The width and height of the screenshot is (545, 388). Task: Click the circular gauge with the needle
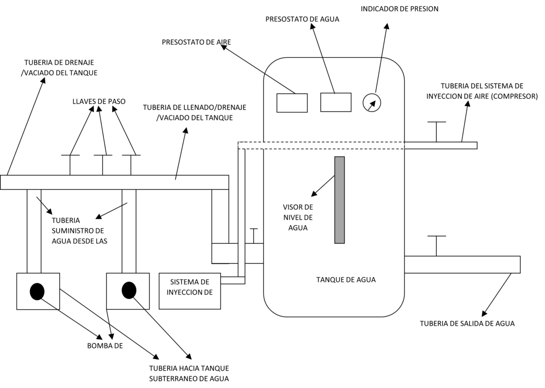tap(372, 102)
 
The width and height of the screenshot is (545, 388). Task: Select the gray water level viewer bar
tap(340, 200)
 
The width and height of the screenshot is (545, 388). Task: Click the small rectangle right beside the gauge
tap(336, 102)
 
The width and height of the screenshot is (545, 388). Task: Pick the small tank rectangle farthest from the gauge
tap(292, 103)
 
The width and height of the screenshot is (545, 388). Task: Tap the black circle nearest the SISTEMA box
tap(129, 291)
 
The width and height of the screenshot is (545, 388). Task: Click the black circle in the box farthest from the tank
tap(37, 291)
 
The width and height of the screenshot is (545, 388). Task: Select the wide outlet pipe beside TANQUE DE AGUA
tap(462, 265)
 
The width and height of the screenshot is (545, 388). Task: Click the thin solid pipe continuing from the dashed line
tap(441, 145)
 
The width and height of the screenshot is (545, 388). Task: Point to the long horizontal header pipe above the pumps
tap(115, 182)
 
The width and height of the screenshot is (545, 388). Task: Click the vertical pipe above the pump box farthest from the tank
tap(34, 231)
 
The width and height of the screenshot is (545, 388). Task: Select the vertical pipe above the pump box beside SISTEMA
tap(129, 231)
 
